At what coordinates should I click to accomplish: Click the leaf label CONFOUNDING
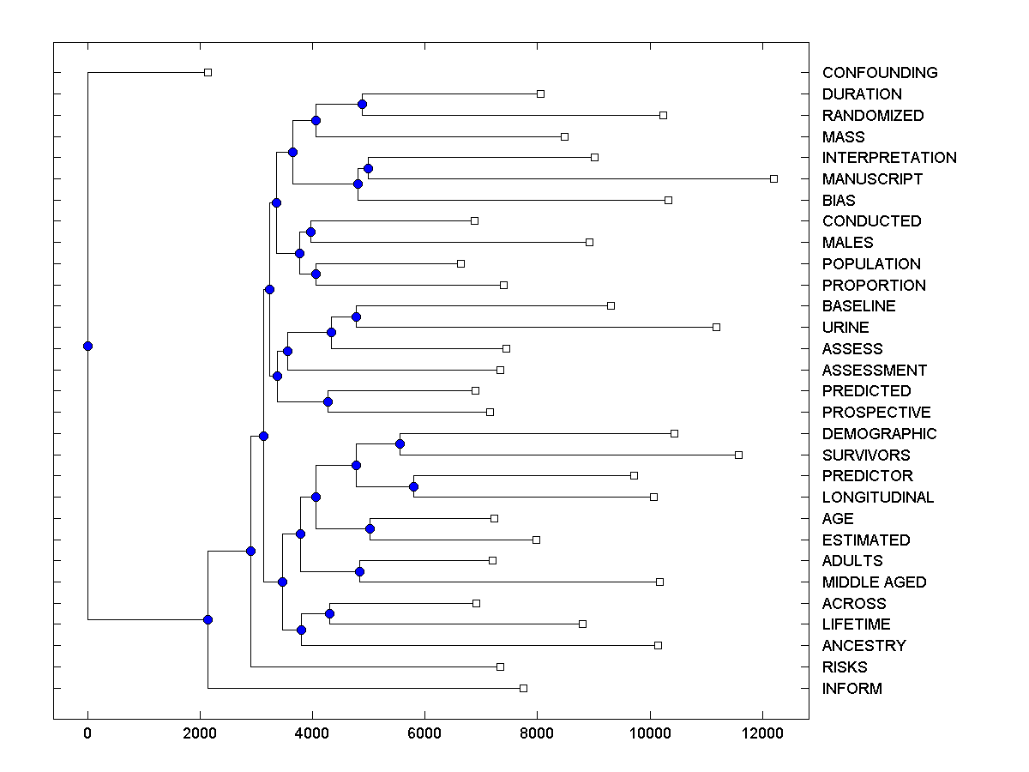(879, 73)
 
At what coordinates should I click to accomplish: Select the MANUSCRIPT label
(872, 179)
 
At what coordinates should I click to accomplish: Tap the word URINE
(845, 328)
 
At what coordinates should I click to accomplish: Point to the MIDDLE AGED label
(874, 582)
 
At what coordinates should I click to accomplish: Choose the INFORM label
(851, 689)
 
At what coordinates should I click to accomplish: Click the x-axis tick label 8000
(537, 733)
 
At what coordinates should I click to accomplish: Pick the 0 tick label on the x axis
(87, 733)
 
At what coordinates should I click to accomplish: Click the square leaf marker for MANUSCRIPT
(773, 178)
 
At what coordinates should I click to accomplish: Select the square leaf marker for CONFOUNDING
(208, 73)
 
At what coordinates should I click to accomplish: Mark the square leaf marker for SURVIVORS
(738, 455)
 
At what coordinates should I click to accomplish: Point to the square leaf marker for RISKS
(500, 666)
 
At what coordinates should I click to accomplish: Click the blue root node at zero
(87, 346)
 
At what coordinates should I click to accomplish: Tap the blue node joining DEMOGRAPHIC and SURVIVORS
(400, 444)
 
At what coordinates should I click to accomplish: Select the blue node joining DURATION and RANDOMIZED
(362, 104)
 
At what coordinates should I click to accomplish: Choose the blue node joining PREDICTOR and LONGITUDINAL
(413, 486)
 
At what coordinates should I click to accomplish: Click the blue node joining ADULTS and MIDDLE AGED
(359, 571)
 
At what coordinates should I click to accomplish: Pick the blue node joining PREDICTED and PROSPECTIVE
(328, 401)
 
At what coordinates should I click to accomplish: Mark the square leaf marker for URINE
(716, 327)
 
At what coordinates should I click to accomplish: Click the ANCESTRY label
(864, 646)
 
